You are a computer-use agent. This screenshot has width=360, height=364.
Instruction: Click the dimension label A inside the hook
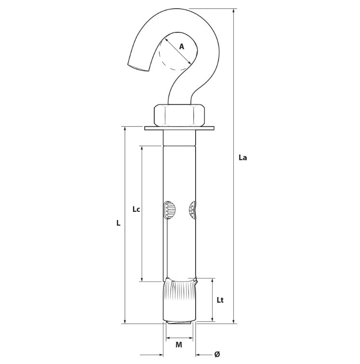182,47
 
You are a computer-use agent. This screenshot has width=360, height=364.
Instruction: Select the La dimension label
242,157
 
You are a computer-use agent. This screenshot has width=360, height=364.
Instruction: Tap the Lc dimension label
136,209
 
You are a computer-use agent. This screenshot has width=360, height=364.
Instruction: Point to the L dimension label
119,223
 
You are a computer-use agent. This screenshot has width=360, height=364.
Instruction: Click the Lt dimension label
220,300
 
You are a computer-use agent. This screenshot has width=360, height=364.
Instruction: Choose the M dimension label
179,345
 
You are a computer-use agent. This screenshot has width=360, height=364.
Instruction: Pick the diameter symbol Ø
217,354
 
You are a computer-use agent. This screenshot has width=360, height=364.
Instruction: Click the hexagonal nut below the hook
179,115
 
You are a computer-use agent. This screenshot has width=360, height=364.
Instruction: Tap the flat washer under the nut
179,128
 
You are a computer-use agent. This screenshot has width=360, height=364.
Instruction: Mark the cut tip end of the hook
138,67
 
